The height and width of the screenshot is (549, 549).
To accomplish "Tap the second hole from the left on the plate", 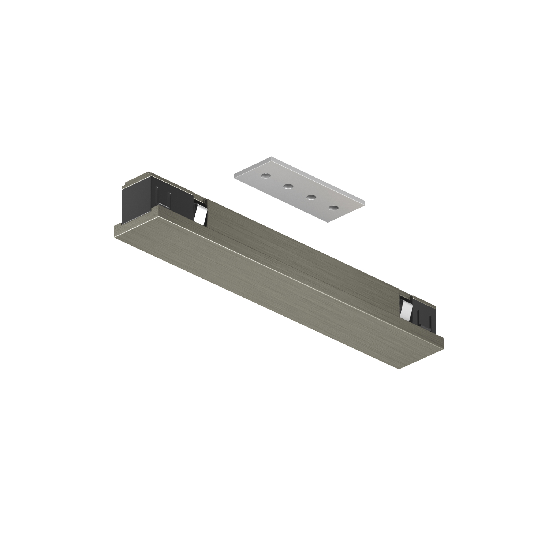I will (288, 187).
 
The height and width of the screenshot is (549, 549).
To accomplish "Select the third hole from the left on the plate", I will (311, 198).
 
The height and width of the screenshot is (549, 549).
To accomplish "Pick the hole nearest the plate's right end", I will (333, 208).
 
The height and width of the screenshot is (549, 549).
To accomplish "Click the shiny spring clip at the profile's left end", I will (200, 214).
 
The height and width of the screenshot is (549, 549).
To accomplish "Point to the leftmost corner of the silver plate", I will (234, 175).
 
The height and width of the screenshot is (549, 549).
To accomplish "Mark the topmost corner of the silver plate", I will (271, 157).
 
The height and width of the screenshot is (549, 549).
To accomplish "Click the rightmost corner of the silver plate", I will (365, 202).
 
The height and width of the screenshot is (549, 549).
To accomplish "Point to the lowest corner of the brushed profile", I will (399, 369).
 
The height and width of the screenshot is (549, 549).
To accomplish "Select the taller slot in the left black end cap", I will (158, 198).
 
